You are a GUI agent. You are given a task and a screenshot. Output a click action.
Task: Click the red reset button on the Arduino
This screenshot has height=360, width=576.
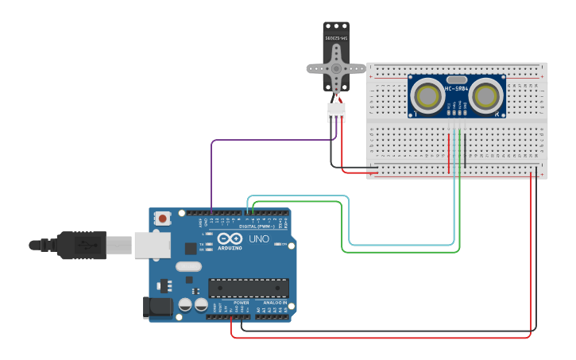pos(163,218)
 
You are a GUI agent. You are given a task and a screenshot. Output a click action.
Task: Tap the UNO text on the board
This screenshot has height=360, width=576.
pos(260,238)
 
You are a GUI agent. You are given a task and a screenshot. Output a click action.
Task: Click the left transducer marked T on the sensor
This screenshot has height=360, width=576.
pos(429,96)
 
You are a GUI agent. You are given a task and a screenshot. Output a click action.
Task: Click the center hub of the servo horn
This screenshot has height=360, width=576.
pos(337,68)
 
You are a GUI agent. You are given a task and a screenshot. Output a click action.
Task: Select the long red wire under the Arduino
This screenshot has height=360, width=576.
pos(381,338)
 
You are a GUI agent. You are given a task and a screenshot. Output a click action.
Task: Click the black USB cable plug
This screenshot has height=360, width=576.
pos(79,245)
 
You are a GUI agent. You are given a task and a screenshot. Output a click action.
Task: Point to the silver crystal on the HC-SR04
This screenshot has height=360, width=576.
pos(457,79)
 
